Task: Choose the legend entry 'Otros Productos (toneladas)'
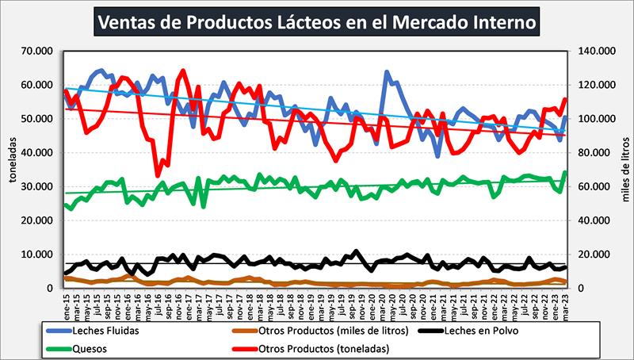tap(318, 347)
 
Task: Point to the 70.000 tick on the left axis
tap(39, 52)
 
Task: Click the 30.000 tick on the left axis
tap(39, 186)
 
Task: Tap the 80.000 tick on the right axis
tap(595, 153)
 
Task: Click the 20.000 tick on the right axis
tap(595, 255)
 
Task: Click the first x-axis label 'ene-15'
tap(67, 302)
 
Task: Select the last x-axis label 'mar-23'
tap(564, 302)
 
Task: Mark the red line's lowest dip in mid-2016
tap(158, 174)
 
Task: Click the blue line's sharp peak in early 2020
tap(387, 72)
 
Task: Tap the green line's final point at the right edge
tap(564, 172)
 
